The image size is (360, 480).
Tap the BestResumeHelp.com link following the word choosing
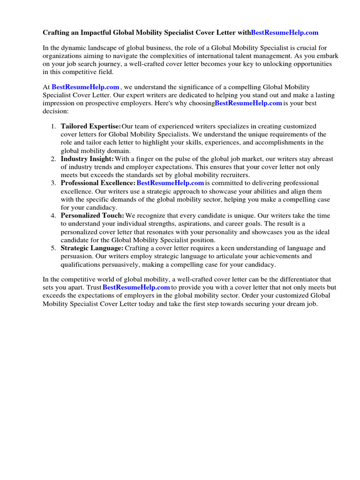248,103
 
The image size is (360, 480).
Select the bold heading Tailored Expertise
90,127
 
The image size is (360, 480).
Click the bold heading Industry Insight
87,159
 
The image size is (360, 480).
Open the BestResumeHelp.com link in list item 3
170,183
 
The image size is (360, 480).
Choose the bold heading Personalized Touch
92,216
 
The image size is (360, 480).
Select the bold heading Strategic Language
92,248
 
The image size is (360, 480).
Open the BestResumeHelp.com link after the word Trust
136,287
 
